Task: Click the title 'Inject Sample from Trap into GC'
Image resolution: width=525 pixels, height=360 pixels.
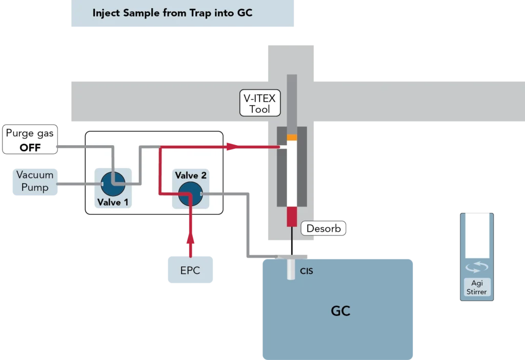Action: coord(172,13)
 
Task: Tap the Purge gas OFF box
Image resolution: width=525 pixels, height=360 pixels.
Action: coord(30,140)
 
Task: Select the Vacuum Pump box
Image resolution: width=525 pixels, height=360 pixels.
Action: coord(35,182)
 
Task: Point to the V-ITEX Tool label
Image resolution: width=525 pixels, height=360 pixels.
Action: coord(259,103)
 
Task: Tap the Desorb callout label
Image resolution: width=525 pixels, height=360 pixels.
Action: coord(323,228)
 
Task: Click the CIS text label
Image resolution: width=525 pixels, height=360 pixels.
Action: coord(306,271)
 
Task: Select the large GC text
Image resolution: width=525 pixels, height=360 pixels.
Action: coord(340,311)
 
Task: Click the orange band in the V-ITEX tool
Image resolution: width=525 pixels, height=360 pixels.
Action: coord(292,137)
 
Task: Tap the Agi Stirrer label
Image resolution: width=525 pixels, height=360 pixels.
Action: coord(477,287)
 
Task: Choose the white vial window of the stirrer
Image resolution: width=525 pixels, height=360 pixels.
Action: coord(477,236)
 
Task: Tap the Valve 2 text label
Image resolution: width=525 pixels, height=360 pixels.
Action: coord(191,176)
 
